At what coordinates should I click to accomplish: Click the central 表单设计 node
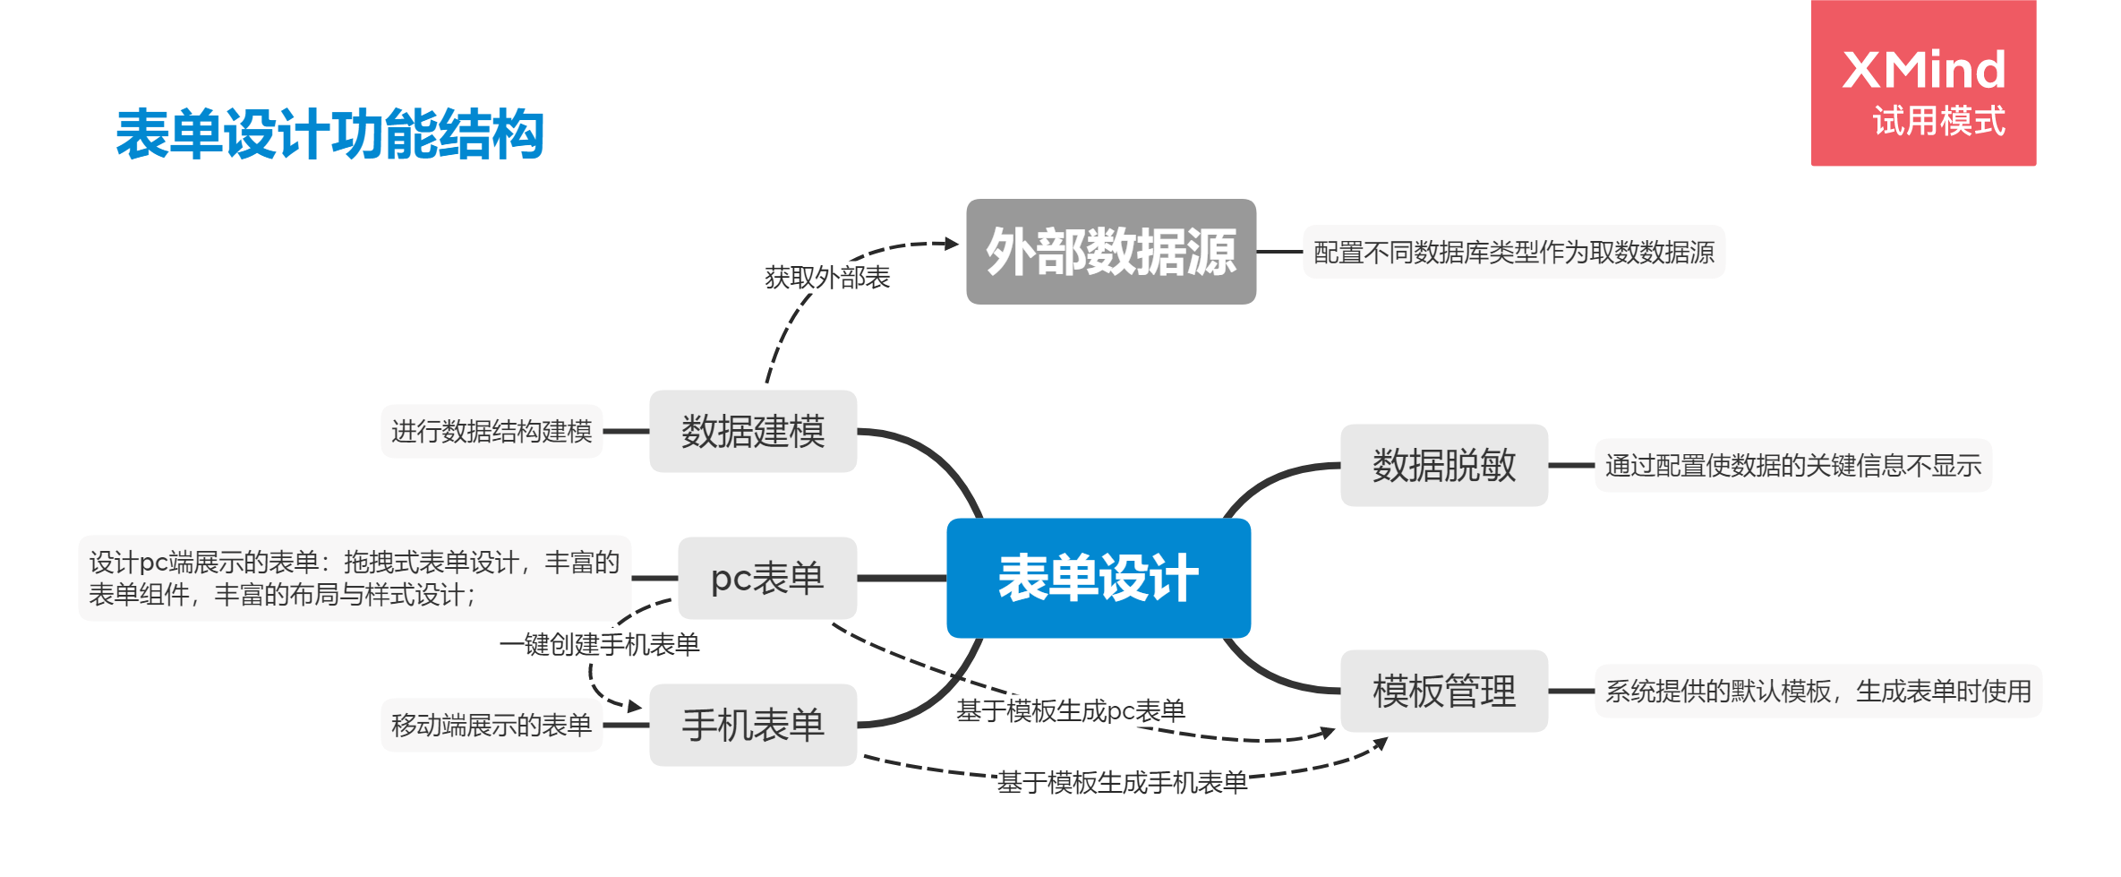[x=1099, y=578]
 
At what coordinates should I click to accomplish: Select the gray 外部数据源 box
[x=1110, y=252]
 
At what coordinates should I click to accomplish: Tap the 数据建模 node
[x=753, y=431]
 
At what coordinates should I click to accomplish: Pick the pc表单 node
[x=767, y=578]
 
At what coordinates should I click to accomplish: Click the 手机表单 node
[x=753, y=725]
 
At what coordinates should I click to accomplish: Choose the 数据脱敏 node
[x=1443, y=465]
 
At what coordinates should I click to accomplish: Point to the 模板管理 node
[x=1443, y=691]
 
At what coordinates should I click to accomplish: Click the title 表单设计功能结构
[x=329, y=134]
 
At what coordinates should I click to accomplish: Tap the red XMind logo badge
[x=1923, y=83]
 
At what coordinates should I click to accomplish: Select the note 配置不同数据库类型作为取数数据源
[x=1513, y=252]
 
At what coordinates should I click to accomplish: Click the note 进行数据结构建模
[x=492, y=431]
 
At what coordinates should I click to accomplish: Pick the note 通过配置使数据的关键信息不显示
[x=1792, y=465]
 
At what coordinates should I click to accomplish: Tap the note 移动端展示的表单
[x=492, y=725]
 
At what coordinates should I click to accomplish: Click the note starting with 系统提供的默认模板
[x=1817, y=691]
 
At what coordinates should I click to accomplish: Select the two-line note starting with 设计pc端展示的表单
[x=355, y=578]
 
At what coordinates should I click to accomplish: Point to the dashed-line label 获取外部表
[x=826, y=278]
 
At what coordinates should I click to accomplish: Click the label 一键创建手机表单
[x=600, y=644]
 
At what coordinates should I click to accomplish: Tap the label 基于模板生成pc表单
[x=1070, y=711]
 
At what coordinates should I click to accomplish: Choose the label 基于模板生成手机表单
[x=1122, y=783]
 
